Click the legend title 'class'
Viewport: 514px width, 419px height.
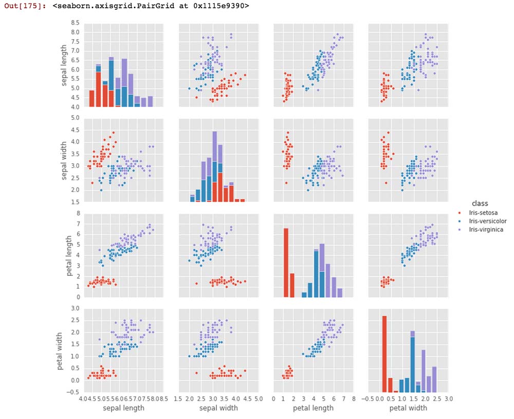[x=480, y=203]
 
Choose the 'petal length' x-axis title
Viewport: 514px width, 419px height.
[x=313, y=408]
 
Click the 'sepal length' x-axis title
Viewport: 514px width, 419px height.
[x=123, y=408]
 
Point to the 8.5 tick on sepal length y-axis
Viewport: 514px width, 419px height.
[x=75, y=23]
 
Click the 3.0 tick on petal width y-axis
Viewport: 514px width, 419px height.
[x=75, y=308]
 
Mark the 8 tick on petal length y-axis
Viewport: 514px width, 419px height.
[x=78, y=213]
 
